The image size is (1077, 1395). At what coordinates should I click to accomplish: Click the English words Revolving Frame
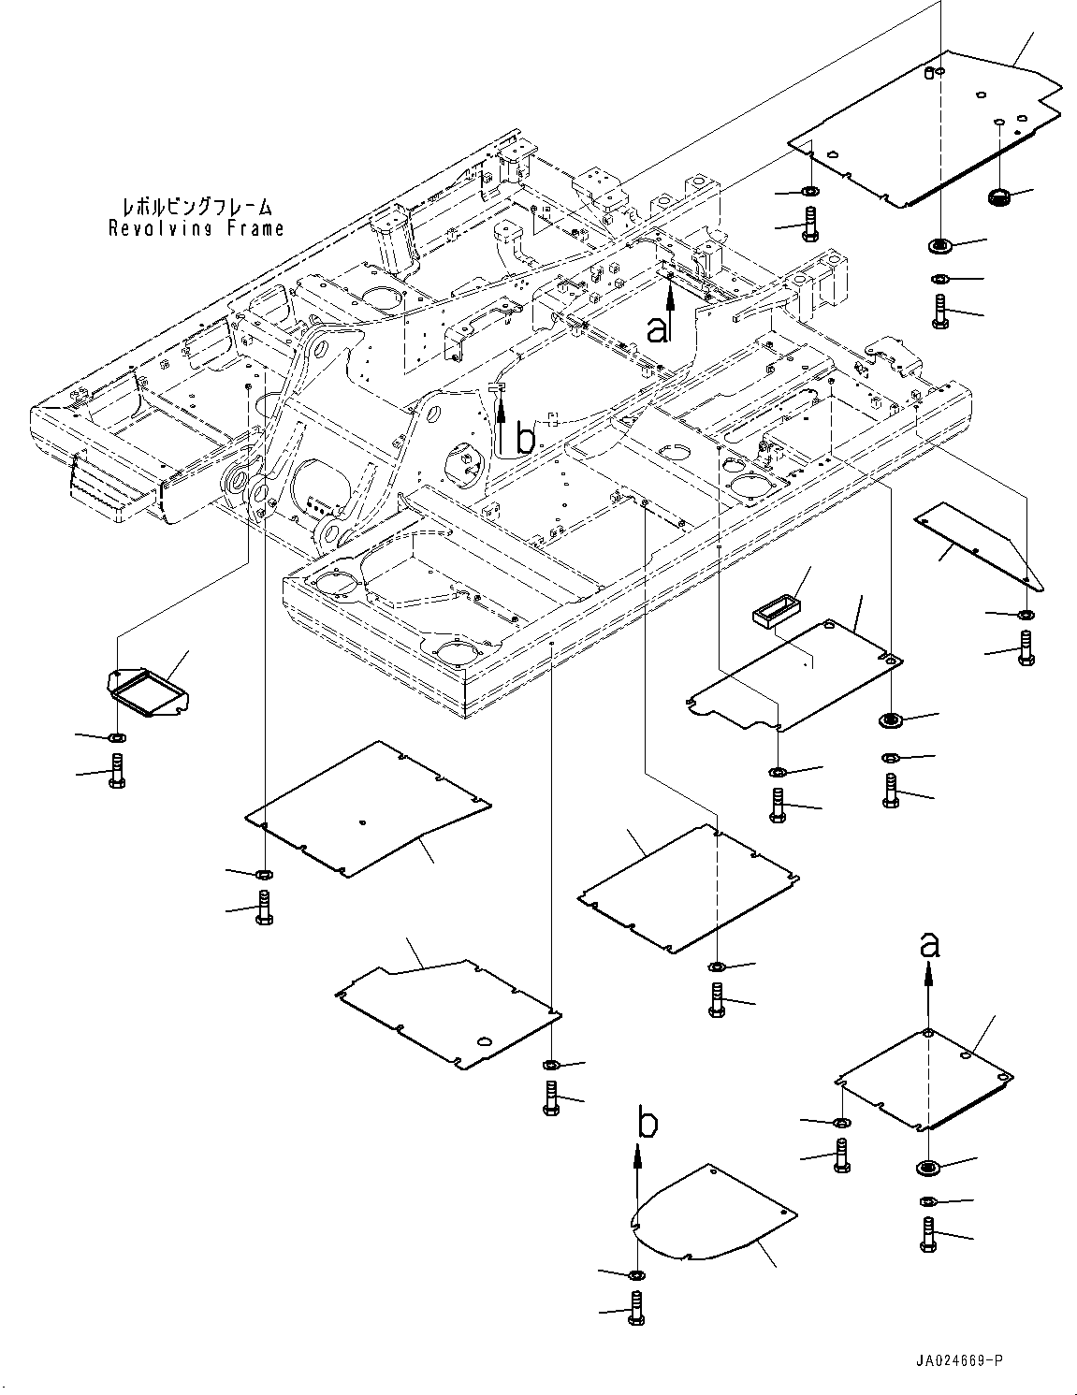[x=196, y=228]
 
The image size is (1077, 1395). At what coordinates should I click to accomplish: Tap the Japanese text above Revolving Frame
[x=197, y=207]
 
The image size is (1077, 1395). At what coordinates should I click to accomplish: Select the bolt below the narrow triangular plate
[x=1026, y=649]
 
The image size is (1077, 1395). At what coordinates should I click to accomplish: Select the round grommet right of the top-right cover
[x=998, y=196]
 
